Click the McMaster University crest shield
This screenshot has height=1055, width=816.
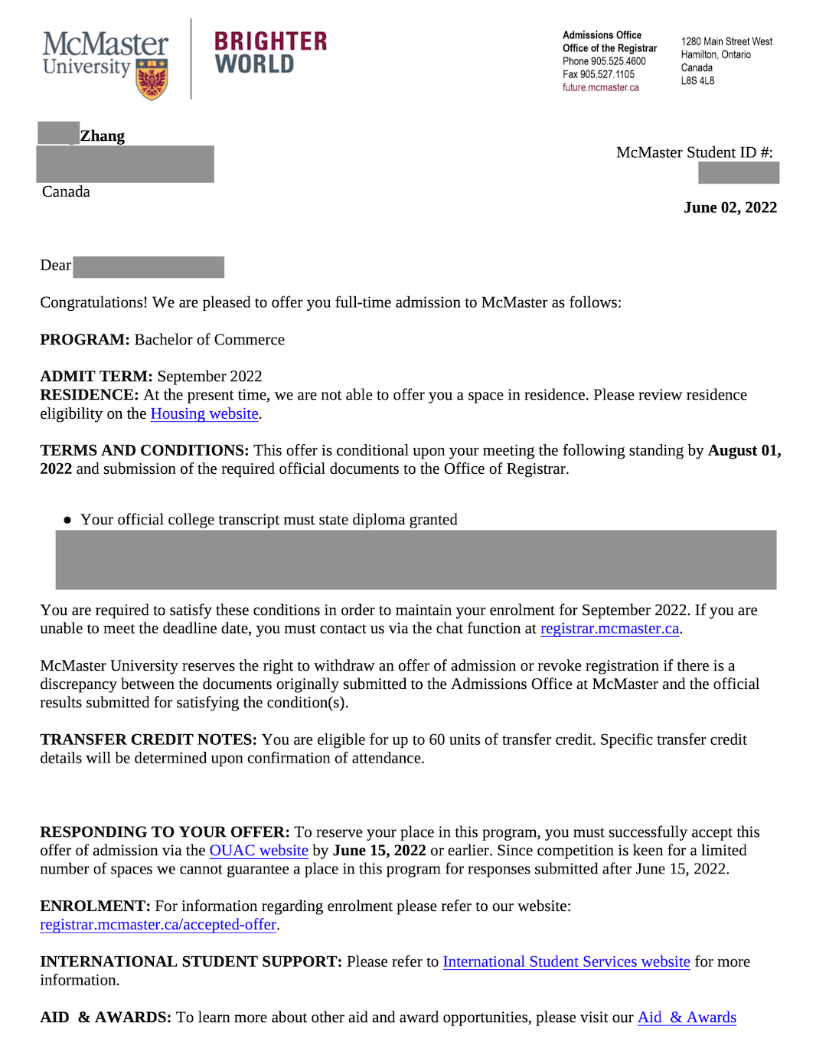(x=152, y=79)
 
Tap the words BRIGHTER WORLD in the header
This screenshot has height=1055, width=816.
(x=270, y=52)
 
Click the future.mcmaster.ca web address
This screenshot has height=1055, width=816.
(x=600, y=87)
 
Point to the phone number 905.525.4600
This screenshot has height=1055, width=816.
(x=619, y=61)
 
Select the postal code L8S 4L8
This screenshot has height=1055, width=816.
(x=697, y=80)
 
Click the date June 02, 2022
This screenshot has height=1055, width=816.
(x=730, y=207)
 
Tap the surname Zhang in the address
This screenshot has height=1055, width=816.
(x=103, y=136)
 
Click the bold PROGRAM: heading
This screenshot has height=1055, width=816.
(x=85, y=339)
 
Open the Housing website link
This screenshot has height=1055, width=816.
(x=204, y=413)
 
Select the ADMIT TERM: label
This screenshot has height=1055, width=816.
(x=96, y=376)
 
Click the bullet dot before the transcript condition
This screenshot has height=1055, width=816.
(x=67, y=520)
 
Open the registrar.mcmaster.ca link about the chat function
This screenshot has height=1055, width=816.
(x=609, y=629)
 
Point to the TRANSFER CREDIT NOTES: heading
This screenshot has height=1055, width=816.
(x=149, y=740)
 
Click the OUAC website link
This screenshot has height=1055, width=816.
(x=259, y=851)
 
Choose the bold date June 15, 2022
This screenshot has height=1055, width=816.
(x=379, y=851)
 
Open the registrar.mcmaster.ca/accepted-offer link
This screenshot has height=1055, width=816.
(x=158, y=925)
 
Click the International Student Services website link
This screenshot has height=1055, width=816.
(x=566, y=962)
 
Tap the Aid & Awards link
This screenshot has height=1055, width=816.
(x=687, y=1017)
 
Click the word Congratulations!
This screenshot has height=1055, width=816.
(x=93, y=302)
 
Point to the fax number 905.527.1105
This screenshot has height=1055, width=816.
(x=607, y=74)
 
